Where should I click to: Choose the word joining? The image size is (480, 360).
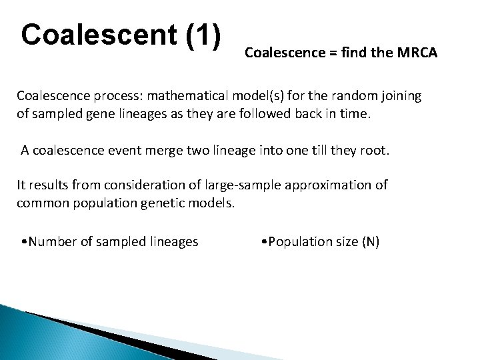coord(400,96)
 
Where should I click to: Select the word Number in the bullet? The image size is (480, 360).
coord(53,241)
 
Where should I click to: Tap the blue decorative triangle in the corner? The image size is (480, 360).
coord(27,333)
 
